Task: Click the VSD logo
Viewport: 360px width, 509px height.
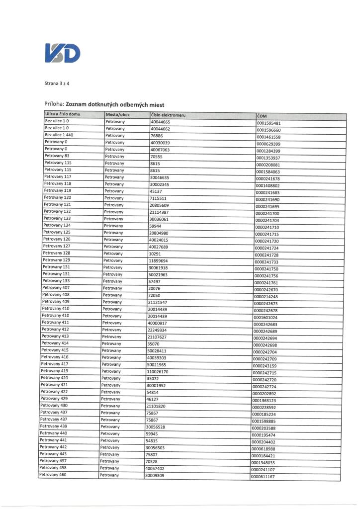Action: (62, 54)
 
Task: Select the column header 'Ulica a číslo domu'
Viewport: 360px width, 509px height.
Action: (62, 115)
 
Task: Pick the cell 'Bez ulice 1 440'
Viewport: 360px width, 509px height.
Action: (59, 135)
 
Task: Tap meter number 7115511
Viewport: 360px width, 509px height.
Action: (159, 198)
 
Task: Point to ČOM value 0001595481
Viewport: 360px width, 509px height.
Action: (269, 123)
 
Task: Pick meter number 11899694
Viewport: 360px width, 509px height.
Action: (158, 260)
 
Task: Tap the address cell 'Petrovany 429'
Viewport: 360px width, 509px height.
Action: (54, 399)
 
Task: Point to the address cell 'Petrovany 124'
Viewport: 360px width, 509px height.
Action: (57, 225)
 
